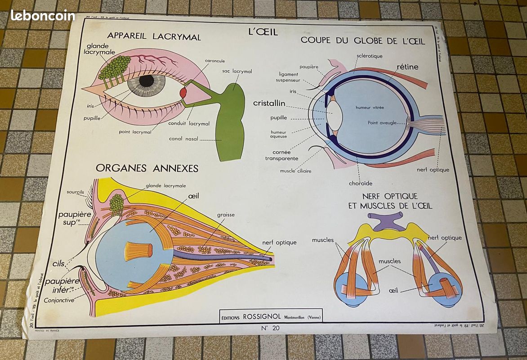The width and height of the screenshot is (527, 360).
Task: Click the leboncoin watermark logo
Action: coord(43,15)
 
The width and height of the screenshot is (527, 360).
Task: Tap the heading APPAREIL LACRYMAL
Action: coord(154,37)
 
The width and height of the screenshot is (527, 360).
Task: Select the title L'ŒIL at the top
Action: coord(263,31)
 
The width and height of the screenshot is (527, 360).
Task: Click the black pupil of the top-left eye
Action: coord(146,81)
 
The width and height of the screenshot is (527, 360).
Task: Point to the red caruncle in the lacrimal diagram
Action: coord(183,93)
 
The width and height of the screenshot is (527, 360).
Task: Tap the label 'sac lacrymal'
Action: coord(237,71)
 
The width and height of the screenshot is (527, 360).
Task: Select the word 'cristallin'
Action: coord(269,103)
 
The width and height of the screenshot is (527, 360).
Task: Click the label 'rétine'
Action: coord(407,67)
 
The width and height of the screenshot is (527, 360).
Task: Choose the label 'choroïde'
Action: coord(360,183)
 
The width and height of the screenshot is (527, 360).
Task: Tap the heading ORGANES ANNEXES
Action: coord(147,168)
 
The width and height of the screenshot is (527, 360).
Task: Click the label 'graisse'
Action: coord(225,215)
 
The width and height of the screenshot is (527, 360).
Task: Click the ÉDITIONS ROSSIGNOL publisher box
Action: coord(271,316)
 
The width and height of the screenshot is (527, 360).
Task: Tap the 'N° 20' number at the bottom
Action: coord(270,328)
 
